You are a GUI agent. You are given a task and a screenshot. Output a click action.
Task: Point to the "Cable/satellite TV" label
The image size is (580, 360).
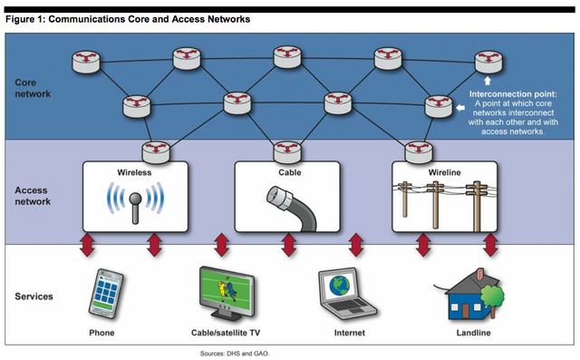[223, 334]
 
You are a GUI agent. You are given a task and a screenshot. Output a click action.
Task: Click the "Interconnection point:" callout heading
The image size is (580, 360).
[514, 93]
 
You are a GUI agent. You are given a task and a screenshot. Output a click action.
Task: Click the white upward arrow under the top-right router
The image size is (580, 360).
[486, 80]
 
